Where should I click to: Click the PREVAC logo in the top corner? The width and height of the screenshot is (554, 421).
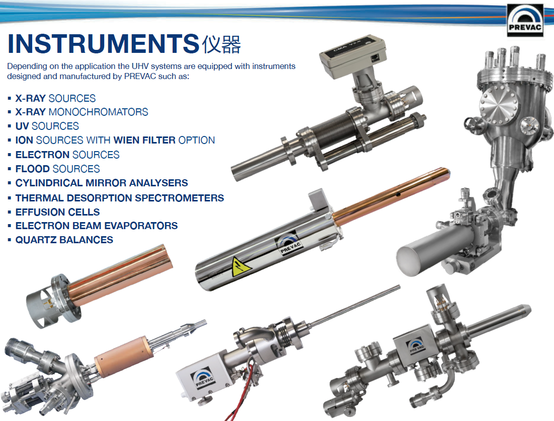coord(525,20)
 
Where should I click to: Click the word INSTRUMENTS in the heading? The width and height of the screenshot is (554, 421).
coord(103,43)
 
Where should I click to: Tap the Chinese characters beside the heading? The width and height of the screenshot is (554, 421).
coord(221,44)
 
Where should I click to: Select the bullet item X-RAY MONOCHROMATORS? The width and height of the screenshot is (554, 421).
coord(82,112)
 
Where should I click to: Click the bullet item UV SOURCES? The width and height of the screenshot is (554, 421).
coord(47,126)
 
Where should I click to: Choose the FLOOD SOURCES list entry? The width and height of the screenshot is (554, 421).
coord(57,169)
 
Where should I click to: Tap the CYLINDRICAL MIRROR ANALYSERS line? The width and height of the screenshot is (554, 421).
coord(102,183)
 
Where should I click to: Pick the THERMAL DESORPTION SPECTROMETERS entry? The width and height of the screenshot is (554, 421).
coord(120,198)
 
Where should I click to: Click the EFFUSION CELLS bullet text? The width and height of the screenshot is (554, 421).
coord(57,212)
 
